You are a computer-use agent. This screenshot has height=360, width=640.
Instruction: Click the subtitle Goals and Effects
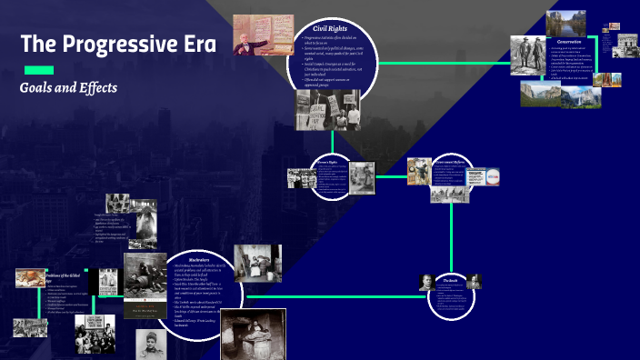[x=68, y=88]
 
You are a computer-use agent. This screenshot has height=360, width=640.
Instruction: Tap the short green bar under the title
[x=38, y=70]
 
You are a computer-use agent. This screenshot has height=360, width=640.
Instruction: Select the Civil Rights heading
[x=331, y=29]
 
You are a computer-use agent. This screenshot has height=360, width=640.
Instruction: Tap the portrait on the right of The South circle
[x=475, y=281]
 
